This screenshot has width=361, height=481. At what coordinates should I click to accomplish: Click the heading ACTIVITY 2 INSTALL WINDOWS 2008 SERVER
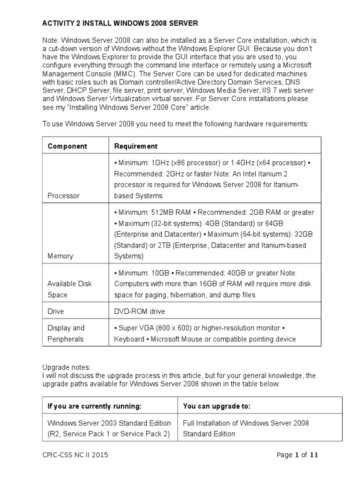120,23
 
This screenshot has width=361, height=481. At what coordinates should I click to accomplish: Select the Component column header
67,146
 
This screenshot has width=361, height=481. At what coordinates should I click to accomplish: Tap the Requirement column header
136,146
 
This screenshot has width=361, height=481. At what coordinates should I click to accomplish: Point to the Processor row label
63,195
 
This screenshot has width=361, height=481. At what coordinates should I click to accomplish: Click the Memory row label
60,256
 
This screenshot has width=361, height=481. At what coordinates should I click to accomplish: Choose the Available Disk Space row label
70,289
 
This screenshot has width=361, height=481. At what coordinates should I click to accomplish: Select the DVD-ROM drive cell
140,311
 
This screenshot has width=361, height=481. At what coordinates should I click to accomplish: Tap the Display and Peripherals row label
66,334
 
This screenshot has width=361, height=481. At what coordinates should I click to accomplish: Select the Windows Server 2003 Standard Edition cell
109,428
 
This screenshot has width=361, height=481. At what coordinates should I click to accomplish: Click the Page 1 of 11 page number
298,455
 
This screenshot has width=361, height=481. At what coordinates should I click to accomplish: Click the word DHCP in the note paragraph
75,90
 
